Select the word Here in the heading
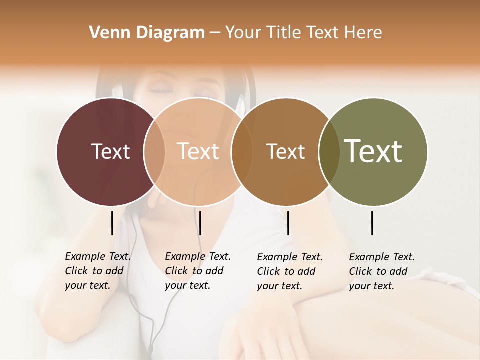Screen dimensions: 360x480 coord(364,32)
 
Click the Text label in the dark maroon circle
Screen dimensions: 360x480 coord(110,151)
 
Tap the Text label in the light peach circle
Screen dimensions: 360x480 coord(198,151)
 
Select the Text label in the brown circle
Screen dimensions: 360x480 coord(285,151)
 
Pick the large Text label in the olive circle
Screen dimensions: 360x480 coord(373,151)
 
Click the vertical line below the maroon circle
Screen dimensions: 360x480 coord(112,223)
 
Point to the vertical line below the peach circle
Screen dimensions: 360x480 coord(200,223)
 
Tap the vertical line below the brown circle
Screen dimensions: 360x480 coord(288,223)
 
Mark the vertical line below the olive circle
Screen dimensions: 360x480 coord(372,223)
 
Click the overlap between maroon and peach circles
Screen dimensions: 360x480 coord(154,151)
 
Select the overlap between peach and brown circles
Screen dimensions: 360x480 coord(242,151)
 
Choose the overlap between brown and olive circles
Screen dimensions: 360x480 coord(329,151)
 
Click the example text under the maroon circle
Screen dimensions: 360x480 coord(97,271)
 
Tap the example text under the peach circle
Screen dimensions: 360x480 coord(197,271)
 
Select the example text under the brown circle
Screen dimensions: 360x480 coord(289,271)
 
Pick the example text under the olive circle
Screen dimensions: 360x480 coord(381,271)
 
